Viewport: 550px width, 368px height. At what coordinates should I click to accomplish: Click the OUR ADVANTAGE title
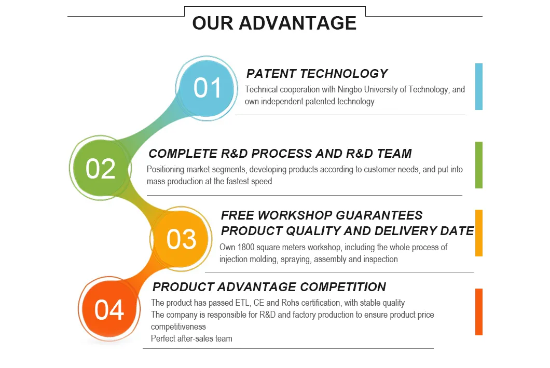coord(274,23)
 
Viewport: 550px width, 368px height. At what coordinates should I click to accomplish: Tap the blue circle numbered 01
coord(208,88)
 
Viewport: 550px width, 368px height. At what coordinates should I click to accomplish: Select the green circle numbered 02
coord(101,169)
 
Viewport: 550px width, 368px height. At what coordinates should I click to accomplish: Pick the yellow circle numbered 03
coord(181,239)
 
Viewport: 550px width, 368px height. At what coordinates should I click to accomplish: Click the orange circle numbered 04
coord(109,310)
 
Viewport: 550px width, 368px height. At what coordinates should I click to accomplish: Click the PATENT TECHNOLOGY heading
coord(317,74)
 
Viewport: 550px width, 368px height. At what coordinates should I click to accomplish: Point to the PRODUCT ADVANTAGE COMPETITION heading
coord(269,287)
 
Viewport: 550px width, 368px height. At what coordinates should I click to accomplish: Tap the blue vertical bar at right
coord(478,87)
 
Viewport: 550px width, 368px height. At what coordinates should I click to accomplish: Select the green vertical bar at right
coord(478,165)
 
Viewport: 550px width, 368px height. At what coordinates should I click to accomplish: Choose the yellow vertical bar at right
coord(478,233)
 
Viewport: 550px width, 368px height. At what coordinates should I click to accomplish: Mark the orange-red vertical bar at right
coord(478,312)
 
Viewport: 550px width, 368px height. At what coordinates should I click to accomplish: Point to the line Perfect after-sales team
coord(191,338)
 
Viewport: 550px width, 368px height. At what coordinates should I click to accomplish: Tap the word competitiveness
coord(178,326)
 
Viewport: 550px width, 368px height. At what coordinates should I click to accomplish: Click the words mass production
coord(174,182)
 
